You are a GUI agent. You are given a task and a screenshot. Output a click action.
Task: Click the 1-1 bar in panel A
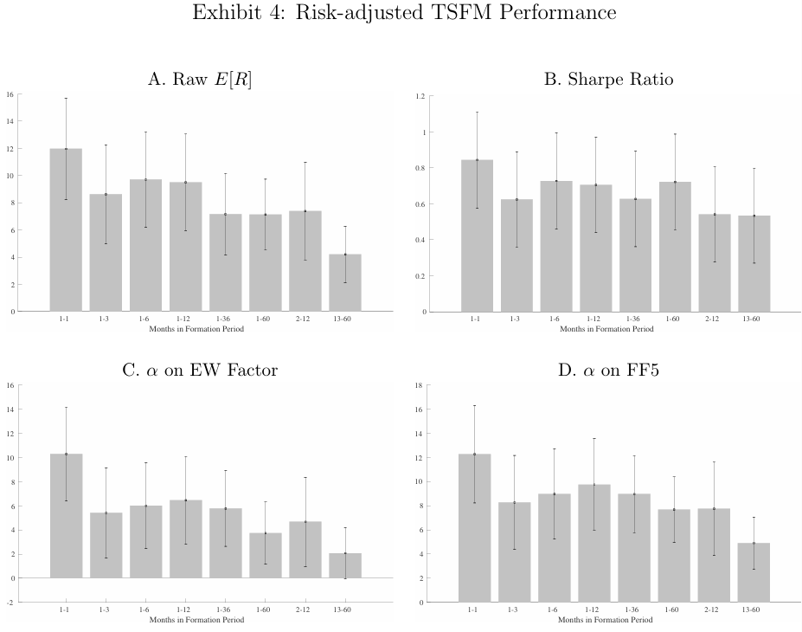click(66, 229)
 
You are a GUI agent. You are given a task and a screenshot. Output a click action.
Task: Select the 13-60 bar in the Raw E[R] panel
click(345, 282)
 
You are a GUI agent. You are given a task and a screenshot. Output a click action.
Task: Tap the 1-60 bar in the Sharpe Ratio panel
click(676, 246)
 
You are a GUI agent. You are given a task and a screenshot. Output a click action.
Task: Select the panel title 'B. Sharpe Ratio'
click(608, 80)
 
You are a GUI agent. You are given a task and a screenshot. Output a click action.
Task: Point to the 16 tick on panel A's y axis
click(10, 94)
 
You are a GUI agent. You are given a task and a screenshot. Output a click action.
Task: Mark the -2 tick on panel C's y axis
click(10, 602)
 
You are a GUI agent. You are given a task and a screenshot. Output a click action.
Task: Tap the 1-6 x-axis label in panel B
click(556, 319)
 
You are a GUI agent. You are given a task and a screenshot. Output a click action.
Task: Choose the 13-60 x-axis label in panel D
click(753, 610)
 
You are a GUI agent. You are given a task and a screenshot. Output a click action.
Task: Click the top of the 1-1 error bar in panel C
click(66, 407)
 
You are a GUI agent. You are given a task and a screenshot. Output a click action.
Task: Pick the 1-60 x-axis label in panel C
click(266, 610)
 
